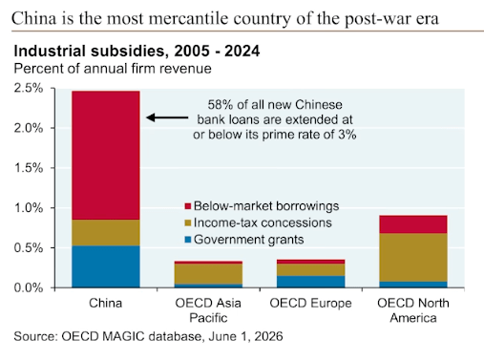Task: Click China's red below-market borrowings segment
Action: pos(106,156)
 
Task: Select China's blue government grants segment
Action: pos(106,266)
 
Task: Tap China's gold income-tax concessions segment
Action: pos(106,233)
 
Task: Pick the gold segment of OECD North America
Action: pos(413,258)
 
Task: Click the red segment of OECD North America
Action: pos(413,224)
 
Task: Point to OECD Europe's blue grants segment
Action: pos(310,282)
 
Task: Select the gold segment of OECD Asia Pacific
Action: pos(208,274)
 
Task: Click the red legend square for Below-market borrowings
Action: pos(187,206)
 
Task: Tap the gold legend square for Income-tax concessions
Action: pos(187,222)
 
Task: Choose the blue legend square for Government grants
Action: pos(187,240)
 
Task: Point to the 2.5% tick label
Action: pos(29,88)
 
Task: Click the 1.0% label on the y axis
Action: pos(29,208)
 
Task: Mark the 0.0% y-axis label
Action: pos(29,287)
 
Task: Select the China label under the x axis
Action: pos(105,303)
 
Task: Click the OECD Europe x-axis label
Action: pos(310,303)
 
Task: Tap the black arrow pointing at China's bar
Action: pos(167,117)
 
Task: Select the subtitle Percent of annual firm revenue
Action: pos(113,69)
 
